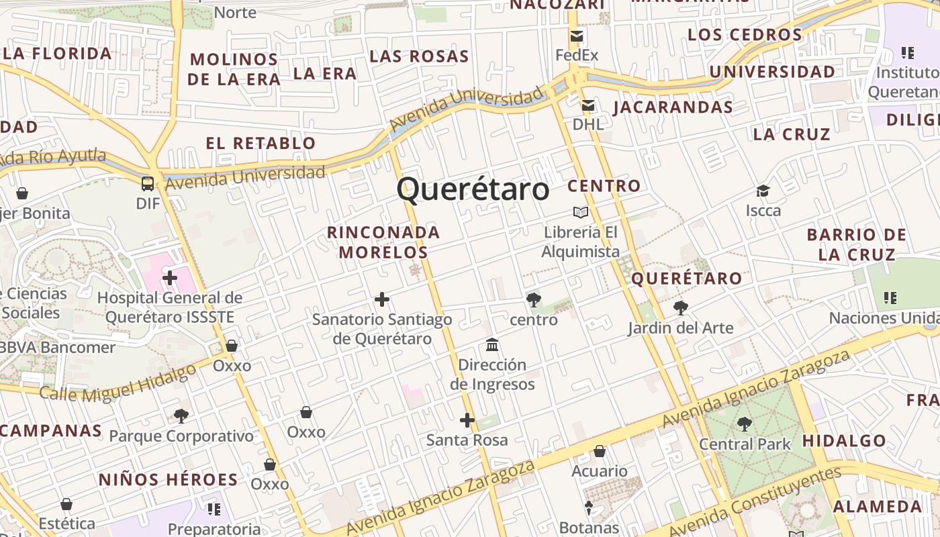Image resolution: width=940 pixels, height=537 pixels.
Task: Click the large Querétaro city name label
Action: tap(473, 189)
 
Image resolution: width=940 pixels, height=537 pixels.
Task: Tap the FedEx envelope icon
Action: tap(576, 36)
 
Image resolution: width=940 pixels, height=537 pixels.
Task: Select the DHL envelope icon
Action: tap(588, 105)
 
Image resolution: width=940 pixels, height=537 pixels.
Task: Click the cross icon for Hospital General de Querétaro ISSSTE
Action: tap(169, 277)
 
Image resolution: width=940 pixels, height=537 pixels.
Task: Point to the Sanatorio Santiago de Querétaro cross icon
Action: tap(381, 299)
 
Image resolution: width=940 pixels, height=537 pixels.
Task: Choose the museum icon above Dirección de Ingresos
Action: tap(492, 345)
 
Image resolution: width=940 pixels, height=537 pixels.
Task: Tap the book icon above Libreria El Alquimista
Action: tap(580, 213)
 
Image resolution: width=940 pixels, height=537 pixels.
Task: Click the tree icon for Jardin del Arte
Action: tap(680, 308)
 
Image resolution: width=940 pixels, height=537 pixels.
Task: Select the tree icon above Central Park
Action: tap(744, 424)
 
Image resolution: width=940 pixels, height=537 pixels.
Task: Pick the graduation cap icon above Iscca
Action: tap(763, 191)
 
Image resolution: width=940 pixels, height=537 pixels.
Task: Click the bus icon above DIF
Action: tap(147, 183)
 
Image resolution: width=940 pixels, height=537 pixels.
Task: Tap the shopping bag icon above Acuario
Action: tap(599, 451)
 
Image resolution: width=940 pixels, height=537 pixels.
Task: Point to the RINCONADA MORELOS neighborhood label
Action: tap(383, 242)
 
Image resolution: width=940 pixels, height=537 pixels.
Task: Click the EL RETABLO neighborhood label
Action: tap(261, 143)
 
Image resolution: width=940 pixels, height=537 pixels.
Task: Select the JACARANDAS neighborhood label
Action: tap(672, 107)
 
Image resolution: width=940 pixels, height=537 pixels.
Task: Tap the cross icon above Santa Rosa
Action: tap(467, 421)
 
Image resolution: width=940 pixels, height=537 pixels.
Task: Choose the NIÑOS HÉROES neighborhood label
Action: tap(168, 480)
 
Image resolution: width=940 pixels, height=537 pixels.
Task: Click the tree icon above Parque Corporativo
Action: tap(181, 416)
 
